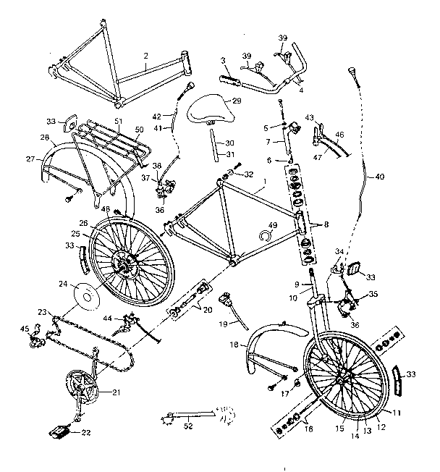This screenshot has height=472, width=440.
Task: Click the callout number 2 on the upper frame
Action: (x=146, y=55)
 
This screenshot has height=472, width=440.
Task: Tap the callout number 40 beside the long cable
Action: (x=379, y=176)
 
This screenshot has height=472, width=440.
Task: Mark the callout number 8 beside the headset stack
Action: (x=326, y=225)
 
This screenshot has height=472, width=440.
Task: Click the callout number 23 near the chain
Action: (x=43, y=313)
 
